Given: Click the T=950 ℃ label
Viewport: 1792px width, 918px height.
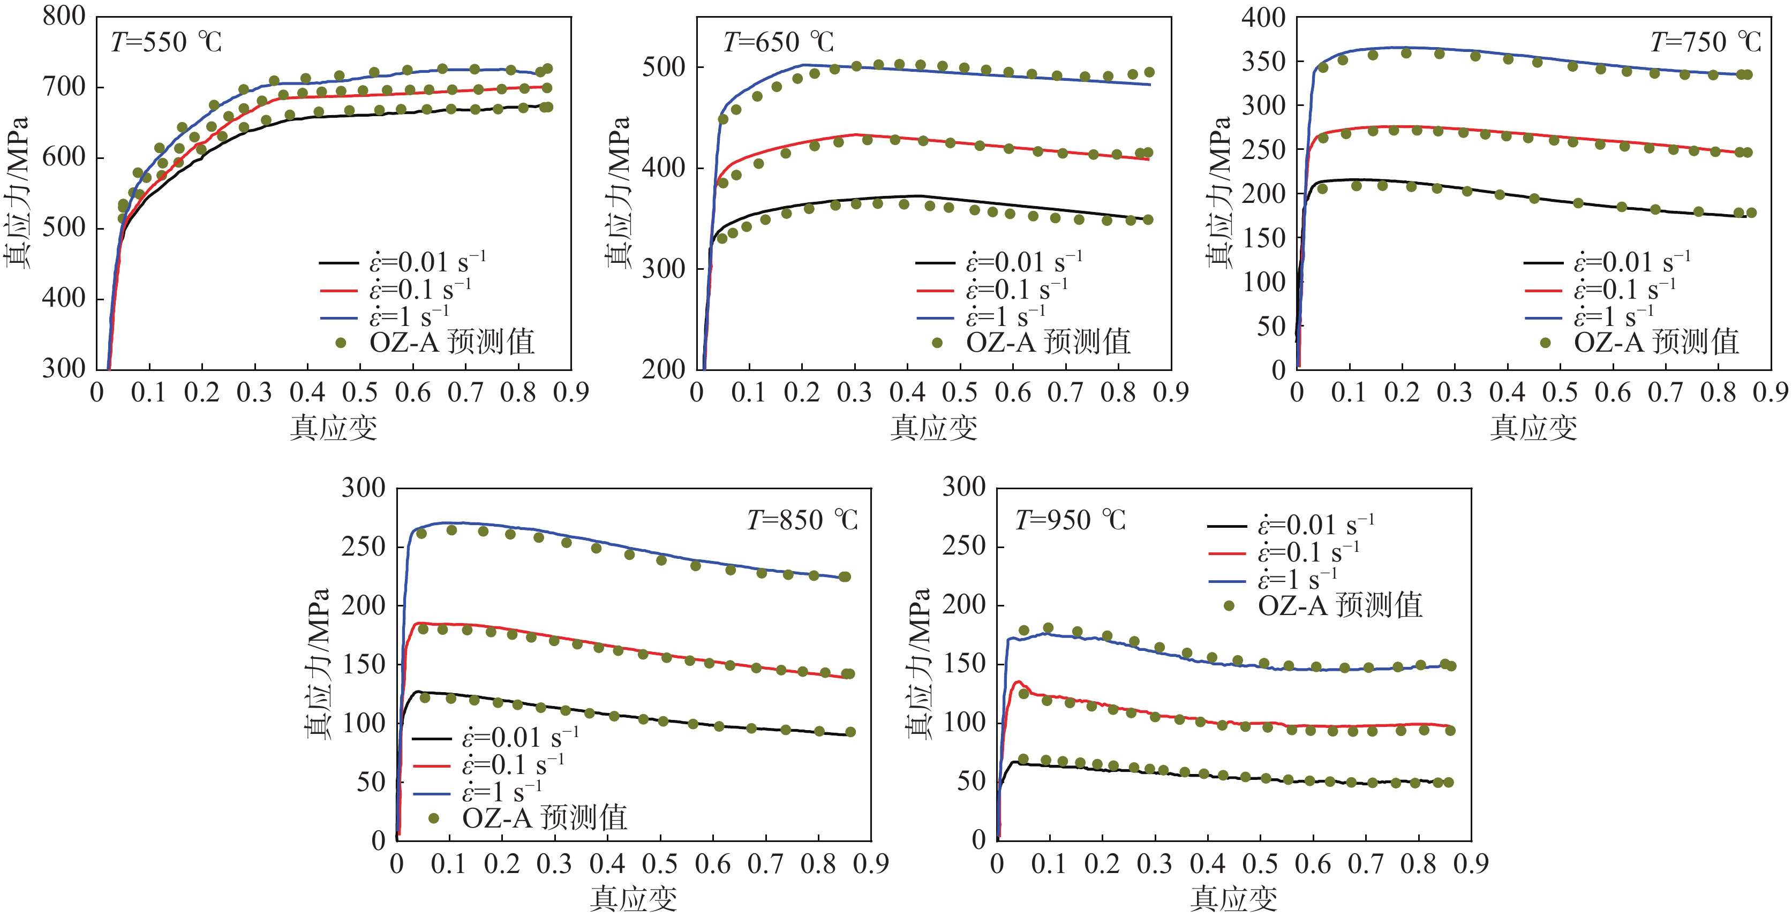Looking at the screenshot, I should click(x=1070, y=520).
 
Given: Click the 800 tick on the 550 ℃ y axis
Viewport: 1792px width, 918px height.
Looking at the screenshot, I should click(x=64, y=16).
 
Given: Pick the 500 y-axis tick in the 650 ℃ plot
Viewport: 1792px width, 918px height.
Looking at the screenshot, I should click(x=664, y=67).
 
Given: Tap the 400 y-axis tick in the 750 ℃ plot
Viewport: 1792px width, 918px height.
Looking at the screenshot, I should click(x=1263, y=17).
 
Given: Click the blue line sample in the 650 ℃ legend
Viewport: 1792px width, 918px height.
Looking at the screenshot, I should click(x=935, y=317).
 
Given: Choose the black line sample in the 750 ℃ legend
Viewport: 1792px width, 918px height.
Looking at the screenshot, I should click(x=1543, y=263).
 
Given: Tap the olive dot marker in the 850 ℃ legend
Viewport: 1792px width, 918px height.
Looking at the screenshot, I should click(x=433, y=818).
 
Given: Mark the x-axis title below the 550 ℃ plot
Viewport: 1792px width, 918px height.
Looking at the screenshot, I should click(x=333, y=428).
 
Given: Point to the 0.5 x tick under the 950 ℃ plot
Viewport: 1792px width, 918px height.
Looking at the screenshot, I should click(x=1260, y=864).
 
